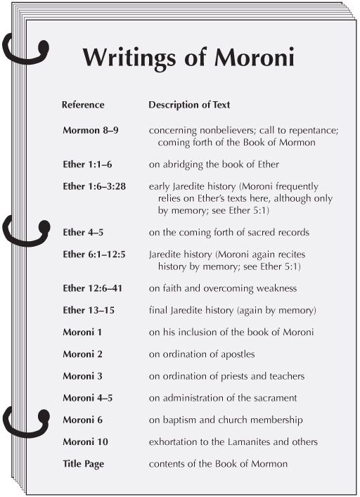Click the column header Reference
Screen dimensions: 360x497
[x=83, y=105]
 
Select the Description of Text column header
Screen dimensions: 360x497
[x=189, y=105]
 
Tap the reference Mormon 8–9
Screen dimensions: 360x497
[x=96, y=131]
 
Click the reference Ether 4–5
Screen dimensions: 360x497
[x=84, y=232]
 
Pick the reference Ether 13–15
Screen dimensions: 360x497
[x=90, y=310]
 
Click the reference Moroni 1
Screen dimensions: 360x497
[x=84, y=332]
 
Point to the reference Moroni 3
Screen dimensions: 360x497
[x=84, y=376]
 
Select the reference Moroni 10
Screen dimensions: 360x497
[x=86, y=441]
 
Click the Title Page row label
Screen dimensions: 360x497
[x=86, y=464]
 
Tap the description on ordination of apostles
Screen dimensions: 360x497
[x=201, y=354]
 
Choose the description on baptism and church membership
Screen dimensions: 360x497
[x=226, y=420]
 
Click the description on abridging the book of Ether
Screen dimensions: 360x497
[x=214, y=164]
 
